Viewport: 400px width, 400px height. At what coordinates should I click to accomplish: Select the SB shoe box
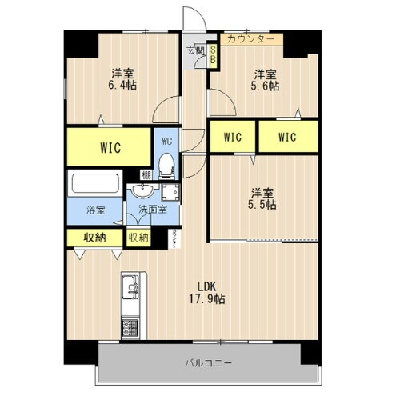[214, 54]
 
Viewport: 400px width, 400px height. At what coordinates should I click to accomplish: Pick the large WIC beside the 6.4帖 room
[110, 146]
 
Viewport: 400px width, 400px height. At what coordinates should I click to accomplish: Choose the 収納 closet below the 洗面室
[138, 238]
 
